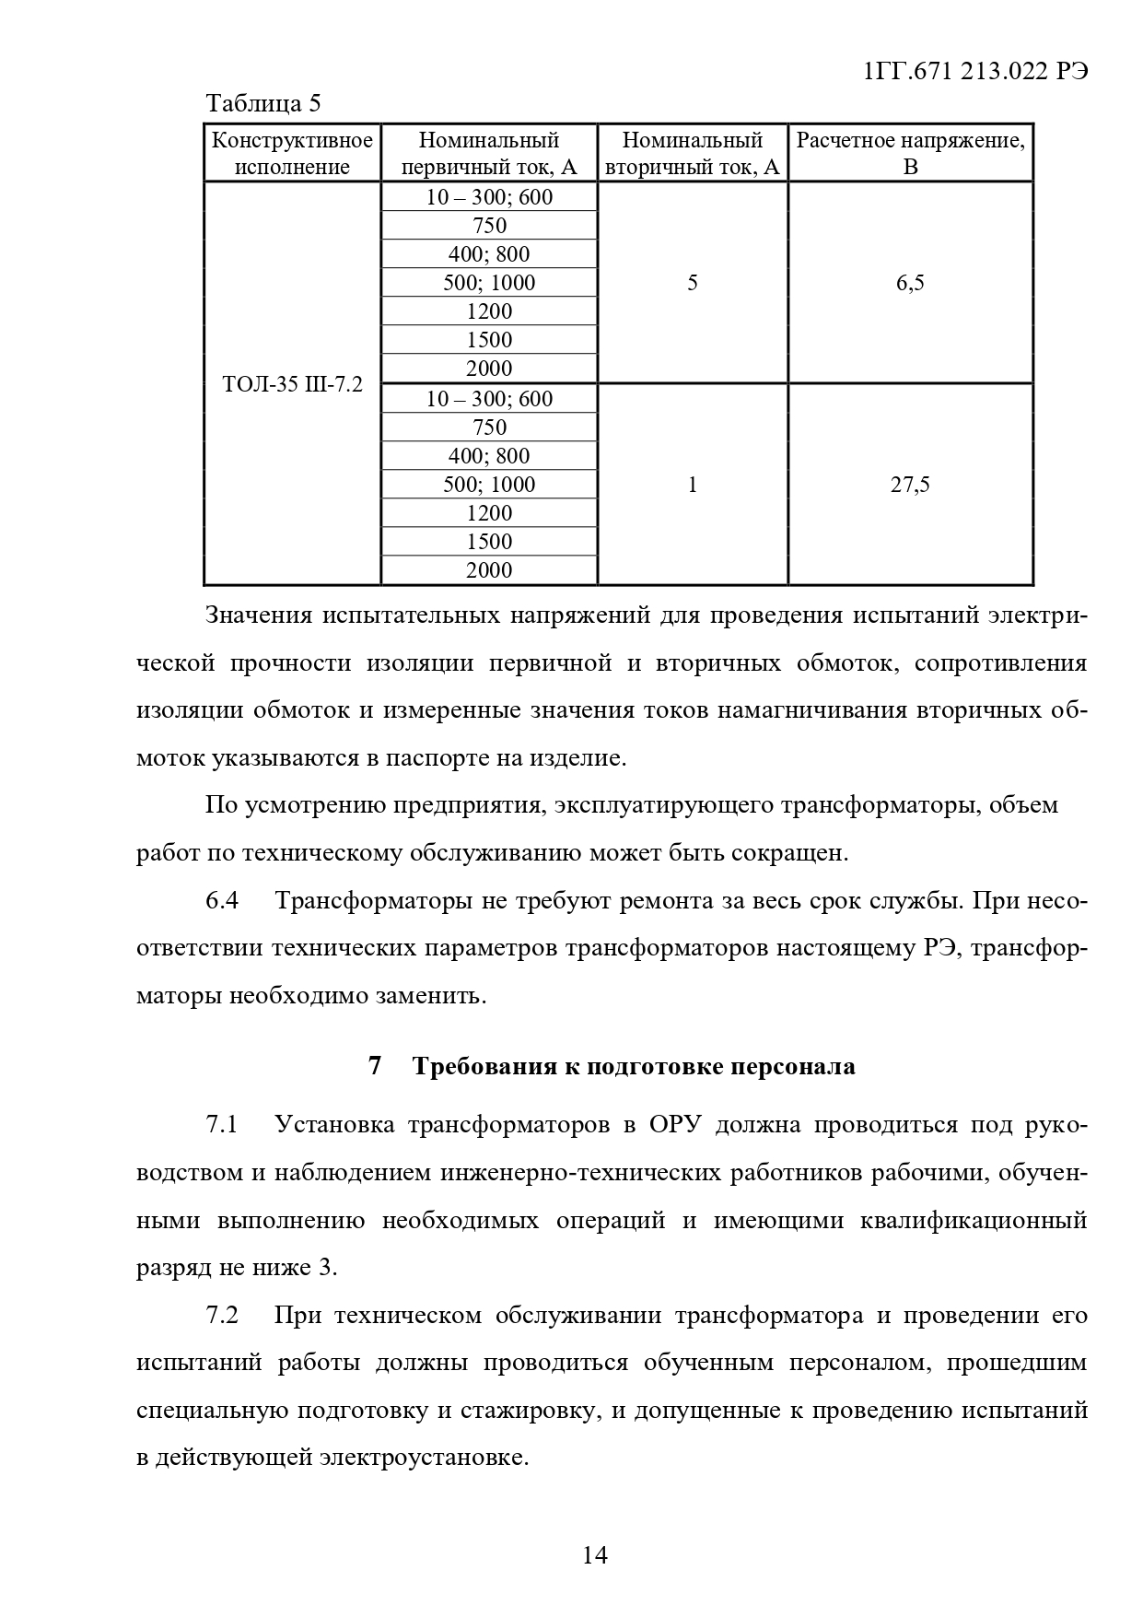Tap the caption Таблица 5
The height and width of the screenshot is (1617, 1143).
point(262,102)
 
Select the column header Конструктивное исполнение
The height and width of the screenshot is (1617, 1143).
point(292,153)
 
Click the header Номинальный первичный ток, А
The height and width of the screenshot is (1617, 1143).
point(489,153)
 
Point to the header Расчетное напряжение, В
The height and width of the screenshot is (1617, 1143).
point(910,153)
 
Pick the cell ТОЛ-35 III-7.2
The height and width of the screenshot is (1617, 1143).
point(292,384)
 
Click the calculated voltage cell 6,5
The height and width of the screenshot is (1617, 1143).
point(910,283)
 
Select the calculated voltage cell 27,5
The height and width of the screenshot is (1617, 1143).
point(910,485)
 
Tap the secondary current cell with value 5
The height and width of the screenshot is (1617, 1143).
point(693,283)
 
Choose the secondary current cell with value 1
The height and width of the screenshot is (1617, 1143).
point(693,485)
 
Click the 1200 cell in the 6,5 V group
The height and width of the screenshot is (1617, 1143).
point(489,311)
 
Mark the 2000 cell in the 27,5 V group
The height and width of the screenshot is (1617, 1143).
point(489,570)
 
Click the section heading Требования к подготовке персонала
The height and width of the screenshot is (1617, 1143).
point(634,1066)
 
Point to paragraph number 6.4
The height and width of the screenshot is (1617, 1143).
point(222,900)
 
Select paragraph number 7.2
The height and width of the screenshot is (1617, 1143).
point(222,1315)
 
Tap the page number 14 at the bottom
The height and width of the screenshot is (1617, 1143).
point(595,1556)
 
